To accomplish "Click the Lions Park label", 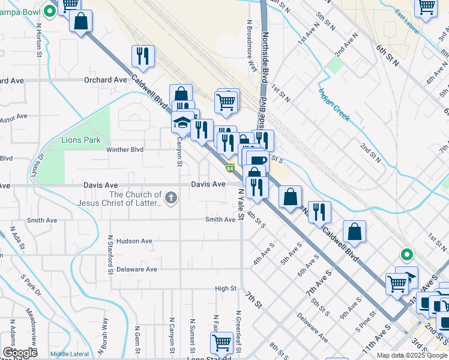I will [80, 140].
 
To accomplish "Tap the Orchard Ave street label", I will [106, 80].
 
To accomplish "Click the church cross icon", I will [171, 197].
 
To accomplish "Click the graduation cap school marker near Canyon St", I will [181, 123].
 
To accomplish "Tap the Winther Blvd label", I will [125, 149].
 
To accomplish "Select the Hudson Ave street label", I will [134, 241].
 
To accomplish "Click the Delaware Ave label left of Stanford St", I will [137, 269].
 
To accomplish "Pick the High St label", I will [226, 289].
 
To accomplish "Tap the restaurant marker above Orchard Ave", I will [143, 56].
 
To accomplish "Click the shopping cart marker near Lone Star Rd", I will [221, 343].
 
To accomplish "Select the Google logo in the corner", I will [20, 353].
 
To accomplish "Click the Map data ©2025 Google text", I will [412, 355].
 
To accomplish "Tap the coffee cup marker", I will [258, 160].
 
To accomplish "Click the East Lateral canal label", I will [407, 23].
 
